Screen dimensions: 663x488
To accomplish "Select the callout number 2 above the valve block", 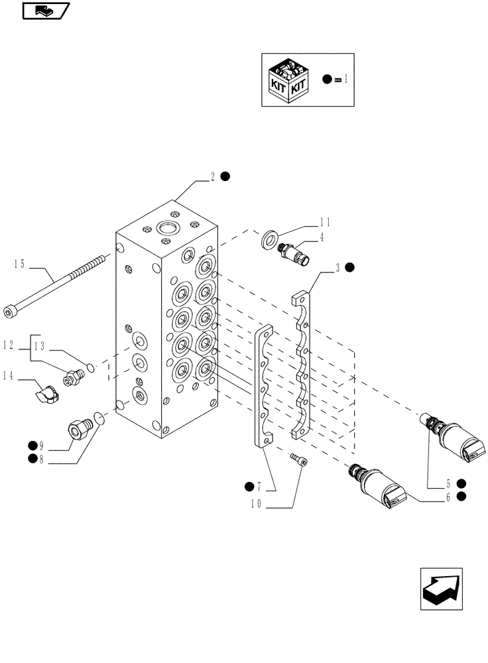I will coord(212,176).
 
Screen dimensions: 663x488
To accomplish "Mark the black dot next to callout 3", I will coord(350,268).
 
